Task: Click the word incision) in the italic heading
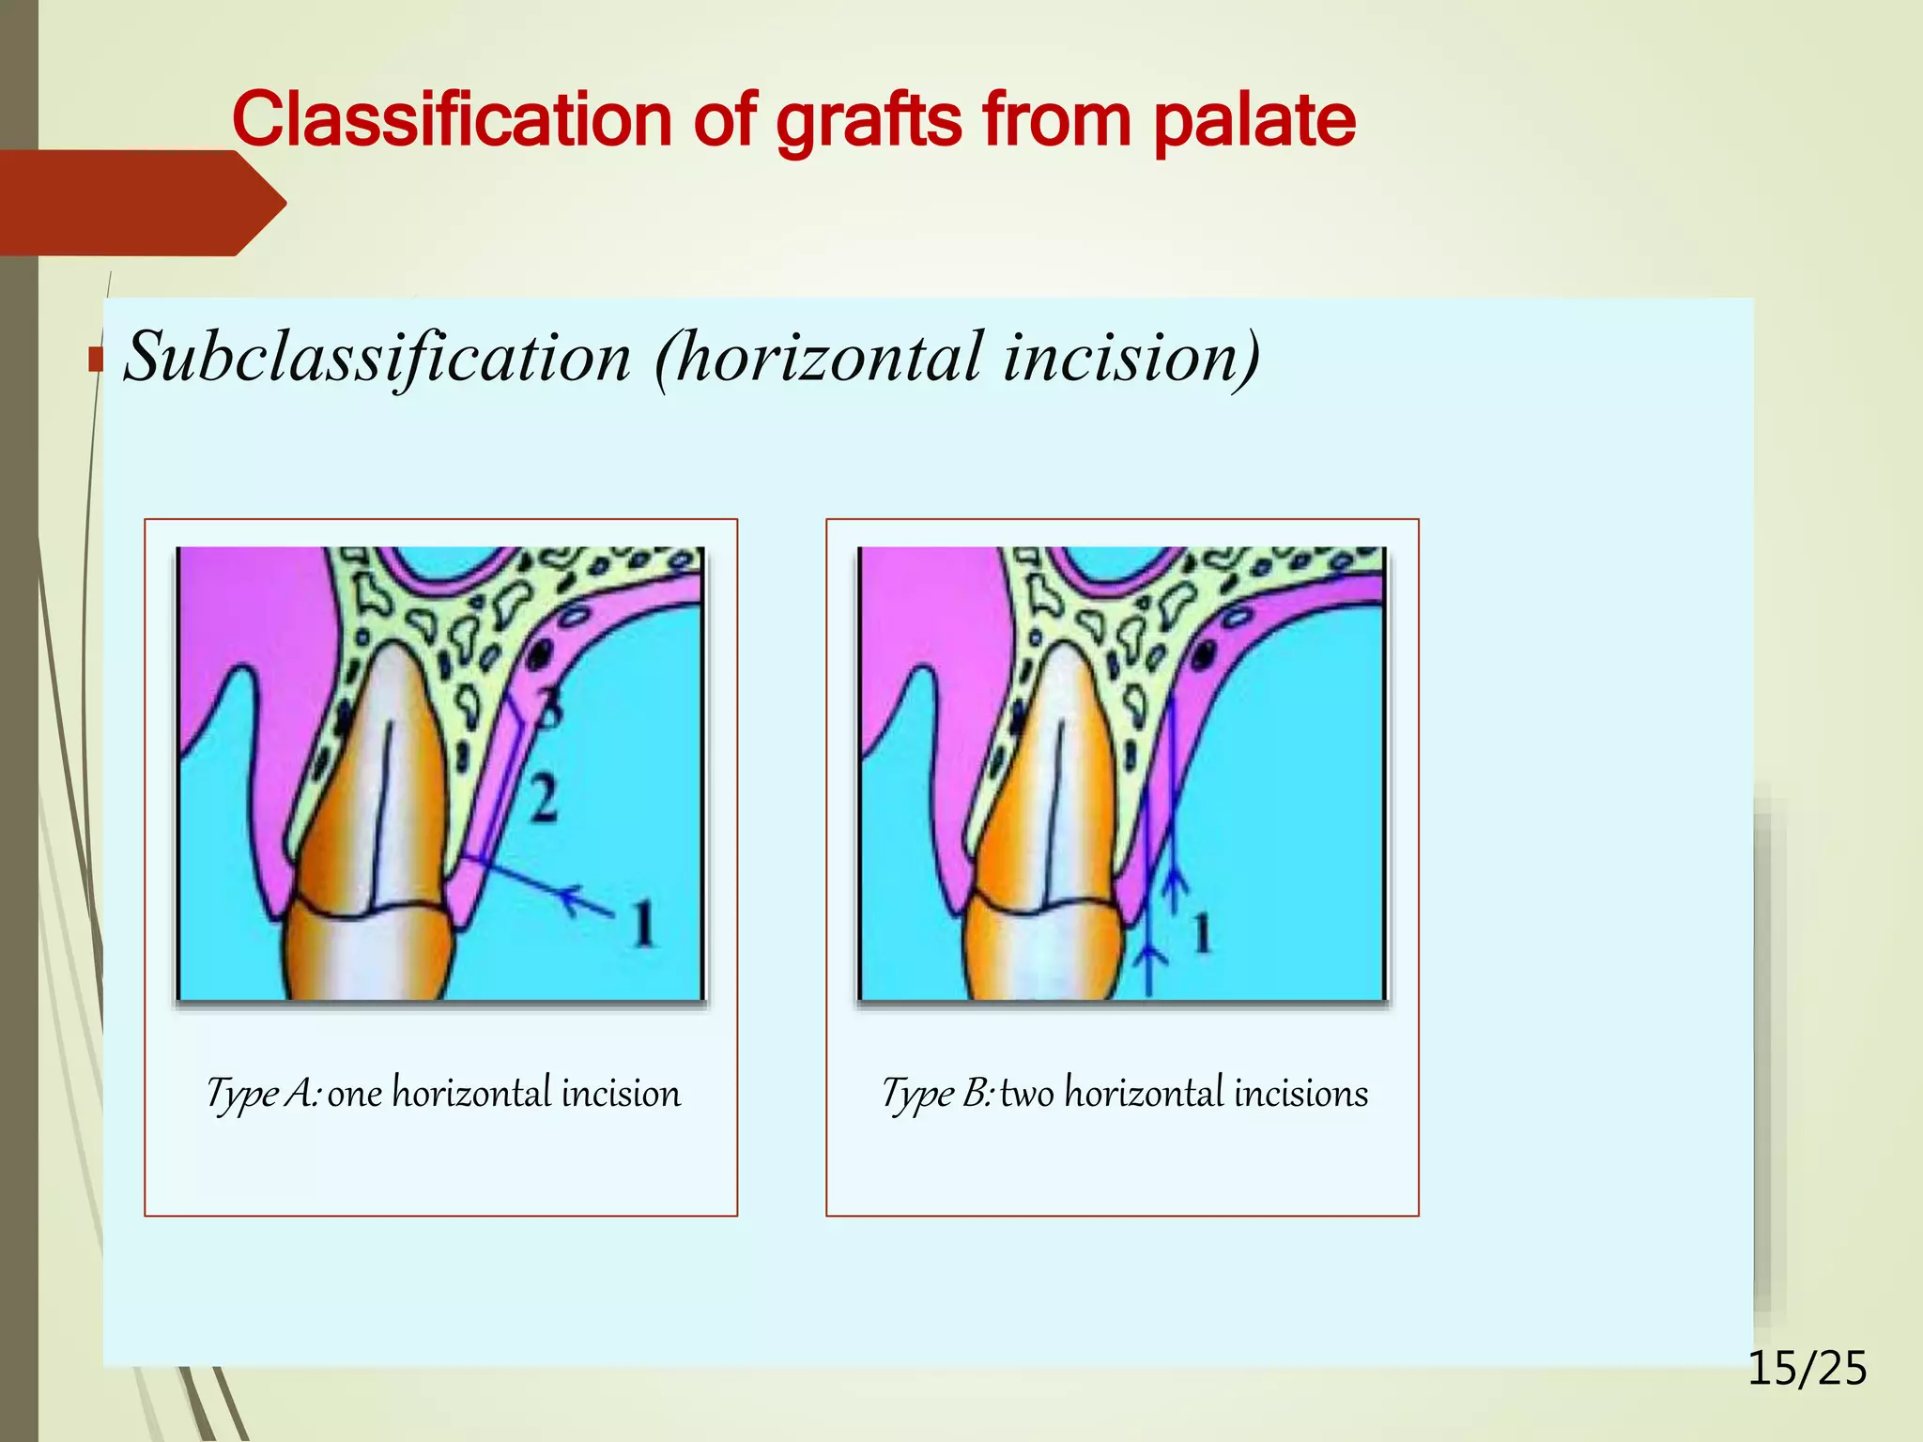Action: [1131, 358]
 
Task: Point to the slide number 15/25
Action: [1807, 1368]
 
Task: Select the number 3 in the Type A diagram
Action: [549, 708]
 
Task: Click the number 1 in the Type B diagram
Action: [1202, 933]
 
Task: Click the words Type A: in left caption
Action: [264, 1095]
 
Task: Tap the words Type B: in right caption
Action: [936, 1095]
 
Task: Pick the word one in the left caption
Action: [355, 1095]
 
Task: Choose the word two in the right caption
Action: [1027, 1095]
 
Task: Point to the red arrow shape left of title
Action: [141, 203]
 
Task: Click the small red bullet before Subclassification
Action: [95, 360]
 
